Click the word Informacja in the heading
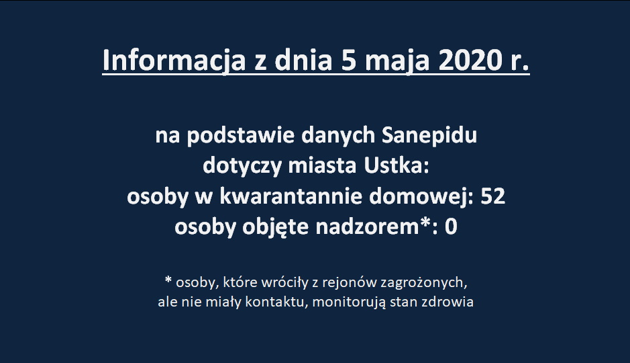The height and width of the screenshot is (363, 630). pos(174,61)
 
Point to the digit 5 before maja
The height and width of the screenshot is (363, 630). pos(349,61)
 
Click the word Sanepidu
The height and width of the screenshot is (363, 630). pos(429,136)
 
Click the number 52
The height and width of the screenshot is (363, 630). pos(492,196)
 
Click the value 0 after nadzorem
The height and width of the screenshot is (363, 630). pos(451,227)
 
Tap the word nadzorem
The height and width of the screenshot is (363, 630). pos(367,227)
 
